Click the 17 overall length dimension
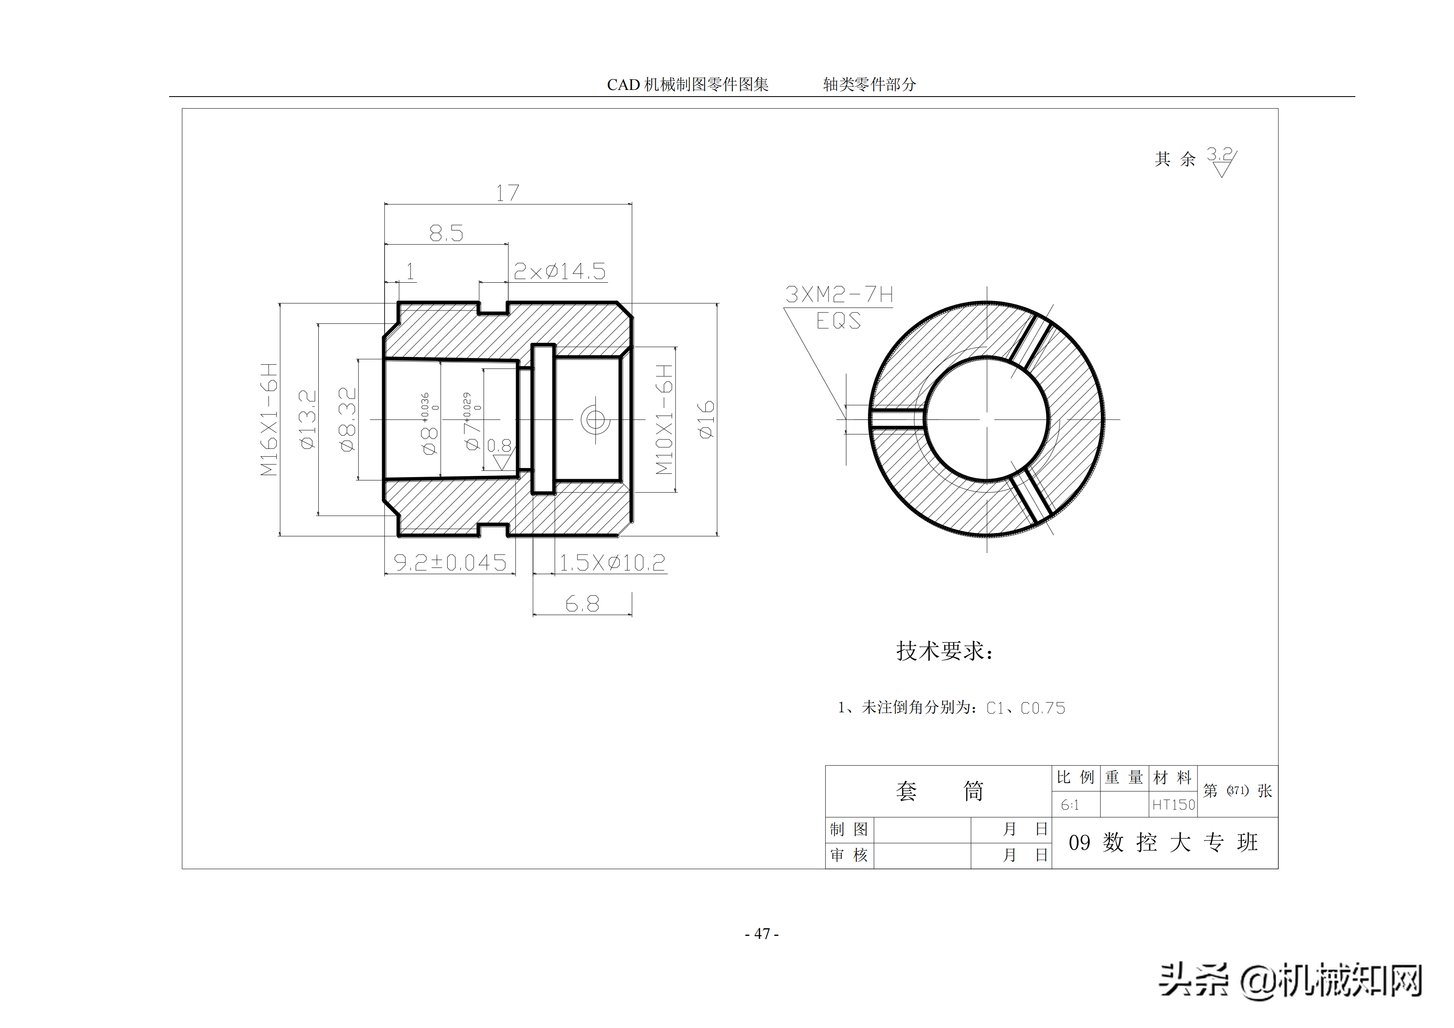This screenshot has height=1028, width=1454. click(x=507, y=193)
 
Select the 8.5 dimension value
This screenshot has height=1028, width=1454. click(x=446, y=233)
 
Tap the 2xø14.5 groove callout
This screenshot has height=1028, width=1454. click(x=559, y=272)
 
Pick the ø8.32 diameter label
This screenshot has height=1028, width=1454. click(x=348, y=419)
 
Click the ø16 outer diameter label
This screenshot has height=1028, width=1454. click(x=705, y=419)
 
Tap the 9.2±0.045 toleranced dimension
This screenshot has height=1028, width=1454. click(x=450, y=562)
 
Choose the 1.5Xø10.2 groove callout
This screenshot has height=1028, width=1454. click(x=612, y=562)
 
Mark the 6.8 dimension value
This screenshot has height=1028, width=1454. click(x=582, y=604)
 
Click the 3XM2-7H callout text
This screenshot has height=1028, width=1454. click(x=839, y=295)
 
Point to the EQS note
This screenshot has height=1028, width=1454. click(x=838, y=321)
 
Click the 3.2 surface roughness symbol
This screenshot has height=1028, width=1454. click(x=1221, y=161)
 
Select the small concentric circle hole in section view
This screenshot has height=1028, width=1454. click(x=595, y=419)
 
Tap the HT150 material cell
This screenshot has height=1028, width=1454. click(x=1173, y=805)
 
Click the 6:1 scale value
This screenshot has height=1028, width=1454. click(x=1070, y=805)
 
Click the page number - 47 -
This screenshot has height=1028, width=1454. click(x=762, y=933)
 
